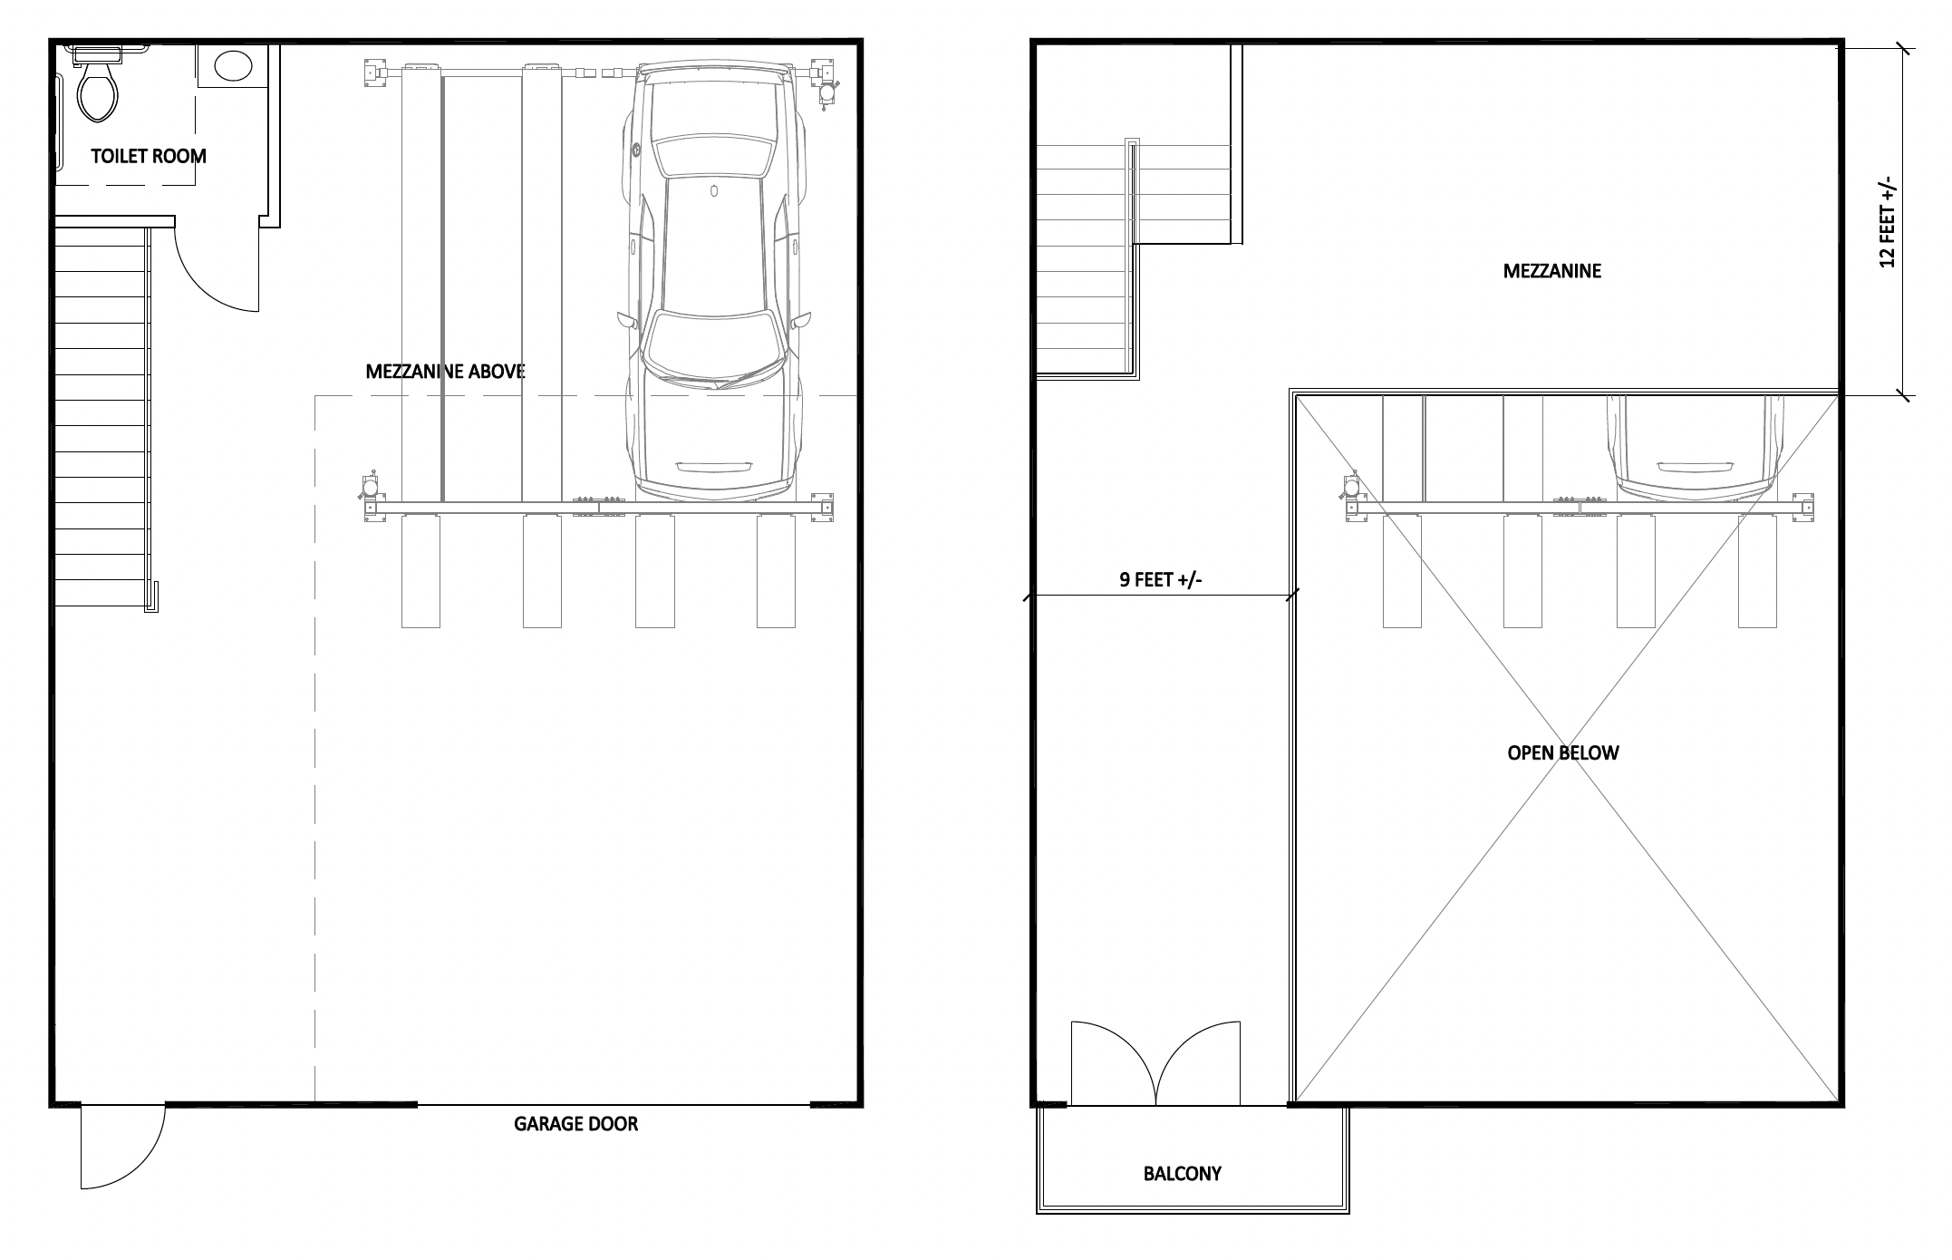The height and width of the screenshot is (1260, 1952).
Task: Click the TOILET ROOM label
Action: point(149,156)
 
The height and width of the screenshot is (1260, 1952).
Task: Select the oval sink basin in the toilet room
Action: point(233,65)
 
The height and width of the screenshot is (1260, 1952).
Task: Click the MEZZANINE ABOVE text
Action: point(445,371)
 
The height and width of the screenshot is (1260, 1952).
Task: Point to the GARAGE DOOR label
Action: point(576,1124)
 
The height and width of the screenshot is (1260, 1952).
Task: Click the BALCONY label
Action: point(1182,1174)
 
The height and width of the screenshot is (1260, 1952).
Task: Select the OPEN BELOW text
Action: point(1562,752)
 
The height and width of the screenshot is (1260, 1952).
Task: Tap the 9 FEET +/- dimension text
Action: point(1161,580)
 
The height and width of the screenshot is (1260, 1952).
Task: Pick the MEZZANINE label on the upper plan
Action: point(1551,271)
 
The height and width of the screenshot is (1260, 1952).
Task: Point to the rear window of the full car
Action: point(715,155)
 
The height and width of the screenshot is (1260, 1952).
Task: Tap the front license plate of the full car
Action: point(714,467)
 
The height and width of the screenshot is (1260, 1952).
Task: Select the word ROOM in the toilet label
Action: point(179,156)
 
